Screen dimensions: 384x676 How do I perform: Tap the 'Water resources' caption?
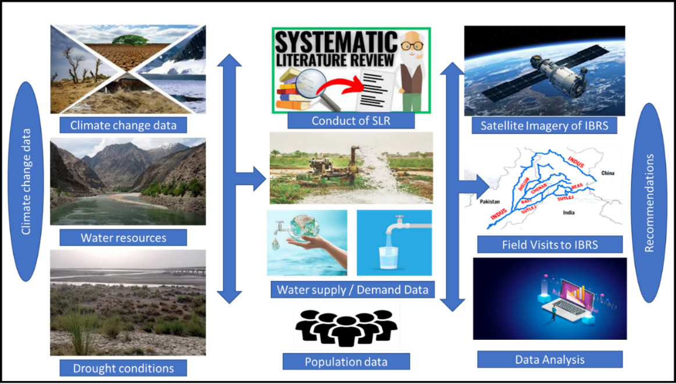pyautogui.click(x=123, y=237)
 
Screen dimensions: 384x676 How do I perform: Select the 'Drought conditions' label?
pyautogui.click(x=123, y=368)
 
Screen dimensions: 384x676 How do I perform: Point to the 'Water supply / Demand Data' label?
pyautogui.click(x=352, y=289)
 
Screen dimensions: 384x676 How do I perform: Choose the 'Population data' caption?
pyautogui.click(x=346, y=362)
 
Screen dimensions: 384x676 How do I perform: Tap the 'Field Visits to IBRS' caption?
pyautogui.click(x=549, y=244)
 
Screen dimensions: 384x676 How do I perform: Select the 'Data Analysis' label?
pyautogui.click(x=549, y=360)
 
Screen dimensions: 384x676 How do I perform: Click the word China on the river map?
pyautogui.click(x=607, y=173)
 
